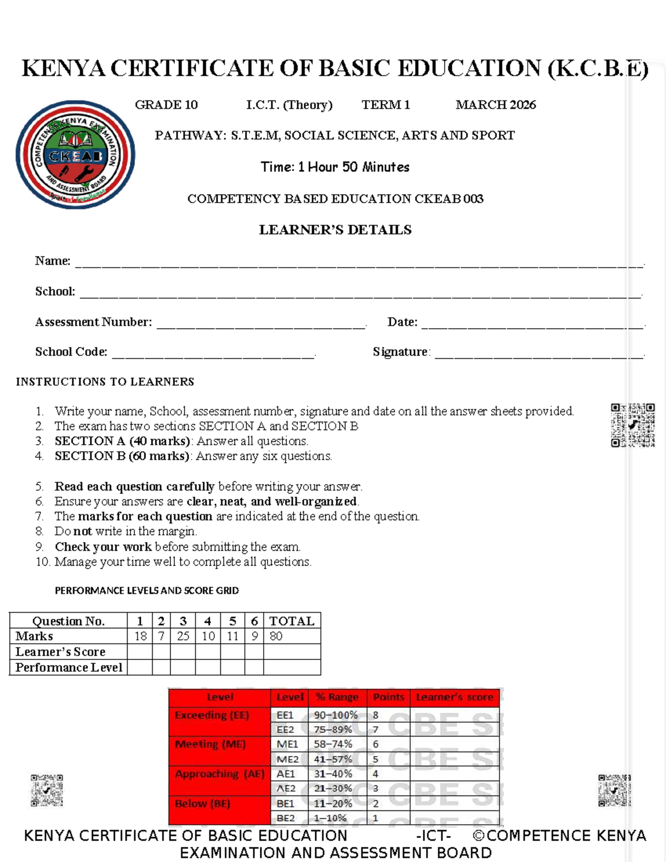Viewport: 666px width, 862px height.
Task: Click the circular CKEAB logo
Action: click(x=75, y=155)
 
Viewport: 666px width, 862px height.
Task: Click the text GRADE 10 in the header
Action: click(x=166, y=105)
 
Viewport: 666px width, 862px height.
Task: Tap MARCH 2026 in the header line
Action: click(x=496, y=105)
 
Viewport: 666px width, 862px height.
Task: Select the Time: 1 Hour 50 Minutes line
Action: click(x=335, y=167)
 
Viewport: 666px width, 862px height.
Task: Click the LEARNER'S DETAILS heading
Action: click(x=335, y=230)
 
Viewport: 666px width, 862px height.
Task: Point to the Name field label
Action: click(x=53, y=261)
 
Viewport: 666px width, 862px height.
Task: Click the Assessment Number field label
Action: click(x=93, y=322)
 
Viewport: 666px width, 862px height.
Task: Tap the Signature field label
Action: click(x=401, y=352)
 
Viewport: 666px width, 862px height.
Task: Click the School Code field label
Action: click(x=71, y=352)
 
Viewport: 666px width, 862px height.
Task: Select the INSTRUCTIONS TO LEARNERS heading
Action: click(x=105, y=382)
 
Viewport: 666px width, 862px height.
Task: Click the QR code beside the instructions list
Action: click(x=633, y=425)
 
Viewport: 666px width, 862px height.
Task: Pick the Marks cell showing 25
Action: click(x=183, y=636)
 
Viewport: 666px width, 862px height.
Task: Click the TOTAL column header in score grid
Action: click(x=292, y=621)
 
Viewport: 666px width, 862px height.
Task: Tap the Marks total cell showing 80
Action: click(x=276, y=636)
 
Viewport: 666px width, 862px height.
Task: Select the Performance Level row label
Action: click(x=69, y=667)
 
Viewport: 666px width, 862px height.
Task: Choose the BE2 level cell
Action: click(x=286, y=818)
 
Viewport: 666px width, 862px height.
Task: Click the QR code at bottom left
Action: click(x=47, y=790)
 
